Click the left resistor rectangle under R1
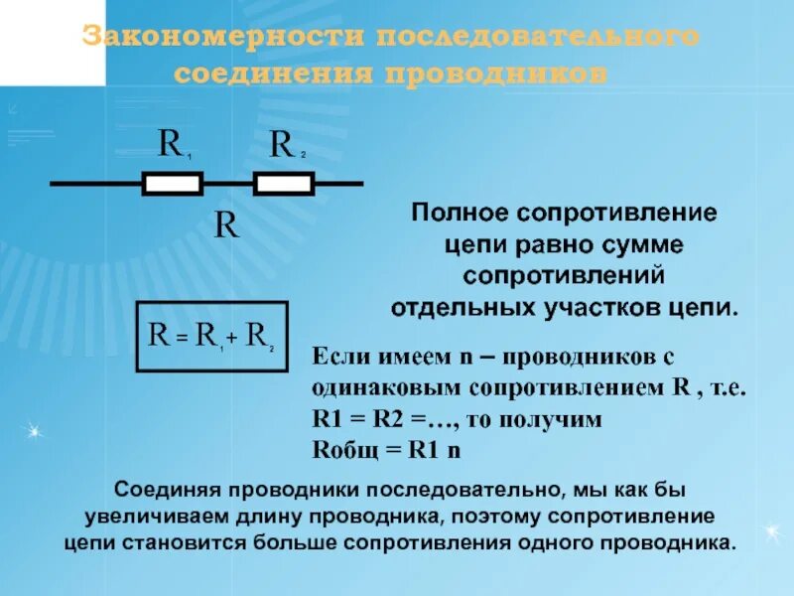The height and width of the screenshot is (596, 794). click(174, 184)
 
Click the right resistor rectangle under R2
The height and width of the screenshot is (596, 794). click(284, 184)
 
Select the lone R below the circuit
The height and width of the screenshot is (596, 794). click(227, 225)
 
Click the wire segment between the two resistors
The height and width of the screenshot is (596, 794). click(228, 184)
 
